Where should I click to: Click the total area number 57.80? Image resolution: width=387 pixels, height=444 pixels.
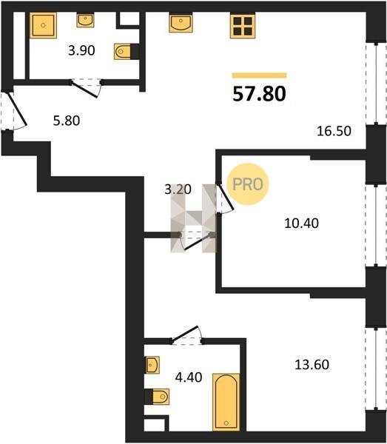click(259, 94)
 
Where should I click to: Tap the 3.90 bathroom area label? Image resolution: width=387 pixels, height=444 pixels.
click(81, 50)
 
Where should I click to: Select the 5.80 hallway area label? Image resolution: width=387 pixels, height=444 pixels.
click(67, 121)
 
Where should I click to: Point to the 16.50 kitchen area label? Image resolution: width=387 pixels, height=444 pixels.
click(334, 131)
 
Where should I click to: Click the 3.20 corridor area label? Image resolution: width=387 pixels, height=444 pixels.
click(178, 189)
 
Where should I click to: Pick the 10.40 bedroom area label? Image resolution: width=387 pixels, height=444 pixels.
click(301, 223)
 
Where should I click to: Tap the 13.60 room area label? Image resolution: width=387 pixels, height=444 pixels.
click(312, 364)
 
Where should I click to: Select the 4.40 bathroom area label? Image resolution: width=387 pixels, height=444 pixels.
click(189, 377)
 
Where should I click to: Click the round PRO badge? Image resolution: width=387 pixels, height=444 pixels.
click(248, 184)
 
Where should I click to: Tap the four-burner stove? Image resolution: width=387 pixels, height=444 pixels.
click(243, 25)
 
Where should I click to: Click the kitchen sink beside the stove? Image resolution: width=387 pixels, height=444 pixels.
click(181, 23)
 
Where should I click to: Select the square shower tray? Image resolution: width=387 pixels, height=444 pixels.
click(43, 25)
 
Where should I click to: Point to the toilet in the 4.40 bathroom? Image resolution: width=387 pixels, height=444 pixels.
click(157, 397)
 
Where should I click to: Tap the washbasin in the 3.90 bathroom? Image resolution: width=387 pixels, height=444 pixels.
click(85, 21)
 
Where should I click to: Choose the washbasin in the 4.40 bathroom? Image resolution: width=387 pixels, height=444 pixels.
click(152, 365)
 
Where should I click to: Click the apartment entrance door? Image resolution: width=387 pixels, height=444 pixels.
click(15, 110)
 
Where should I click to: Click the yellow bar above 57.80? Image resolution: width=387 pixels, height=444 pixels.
click(259, 75)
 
